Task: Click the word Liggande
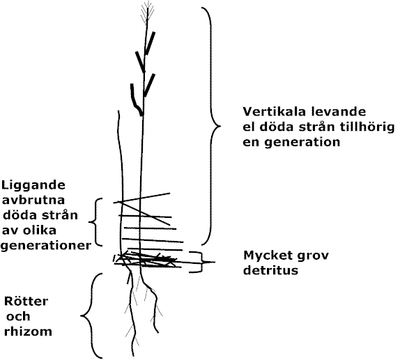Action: [33, 186]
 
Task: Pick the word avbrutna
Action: [33, 200]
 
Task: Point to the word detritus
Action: [270, 270]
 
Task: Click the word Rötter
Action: [26, 301]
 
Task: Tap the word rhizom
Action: [28, 331]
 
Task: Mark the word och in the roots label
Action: [18, 316]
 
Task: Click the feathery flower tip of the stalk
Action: [147, 13]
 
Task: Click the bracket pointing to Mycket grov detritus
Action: [201, 262]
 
